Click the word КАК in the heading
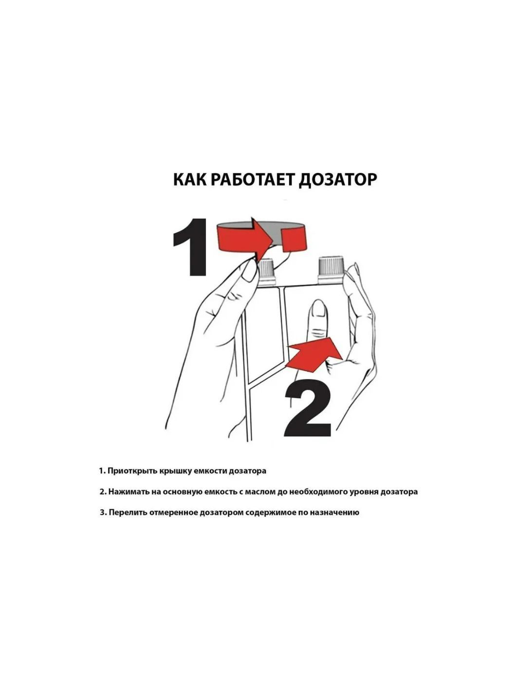point(190,179)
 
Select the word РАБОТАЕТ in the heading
point(252,179)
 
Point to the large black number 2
point(308,409)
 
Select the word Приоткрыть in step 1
point(129,471)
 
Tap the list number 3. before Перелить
point(103,512)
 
